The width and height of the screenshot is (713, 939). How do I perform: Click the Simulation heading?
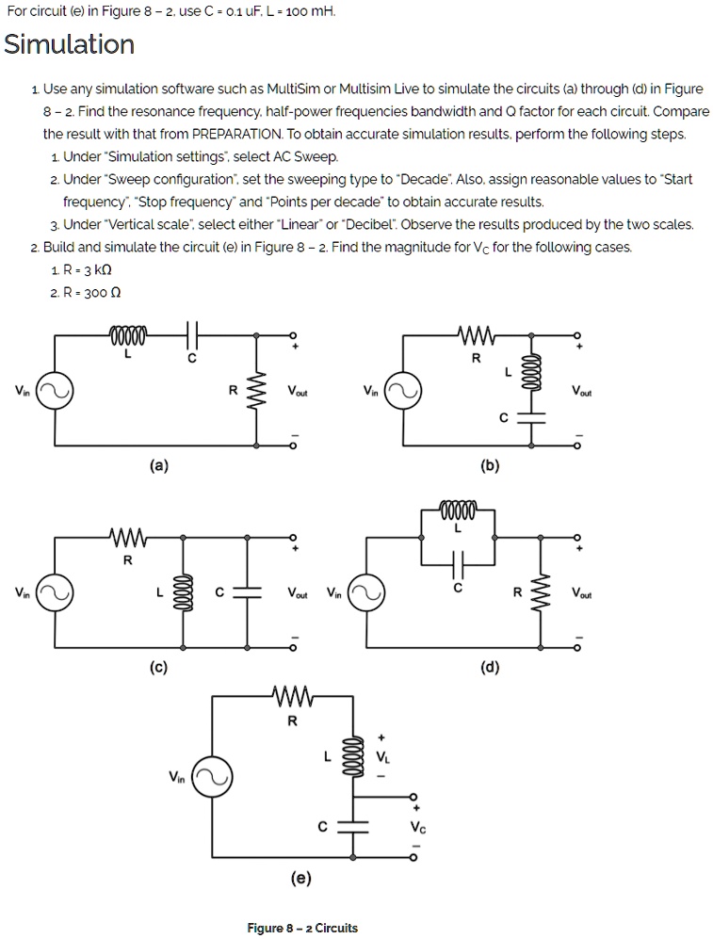(x=70, y=44)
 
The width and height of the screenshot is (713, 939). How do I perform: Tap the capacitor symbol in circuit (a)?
(x=192, y=336)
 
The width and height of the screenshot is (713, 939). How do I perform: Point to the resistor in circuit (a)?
(x=253, y=390)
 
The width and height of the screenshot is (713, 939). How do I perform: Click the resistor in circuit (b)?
(x=475, y=336)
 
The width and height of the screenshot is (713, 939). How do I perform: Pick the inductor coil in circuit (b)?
(x=528, y=365)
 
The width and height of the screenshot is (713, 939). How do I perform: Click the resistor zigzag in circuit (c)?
(x=127, y=540)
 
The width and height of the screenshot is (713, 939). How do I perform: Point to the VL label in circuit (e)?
(x=381, y=755)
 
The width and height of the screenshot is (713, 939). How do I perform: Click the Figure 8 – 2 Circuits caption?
(x=302, y=928)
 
